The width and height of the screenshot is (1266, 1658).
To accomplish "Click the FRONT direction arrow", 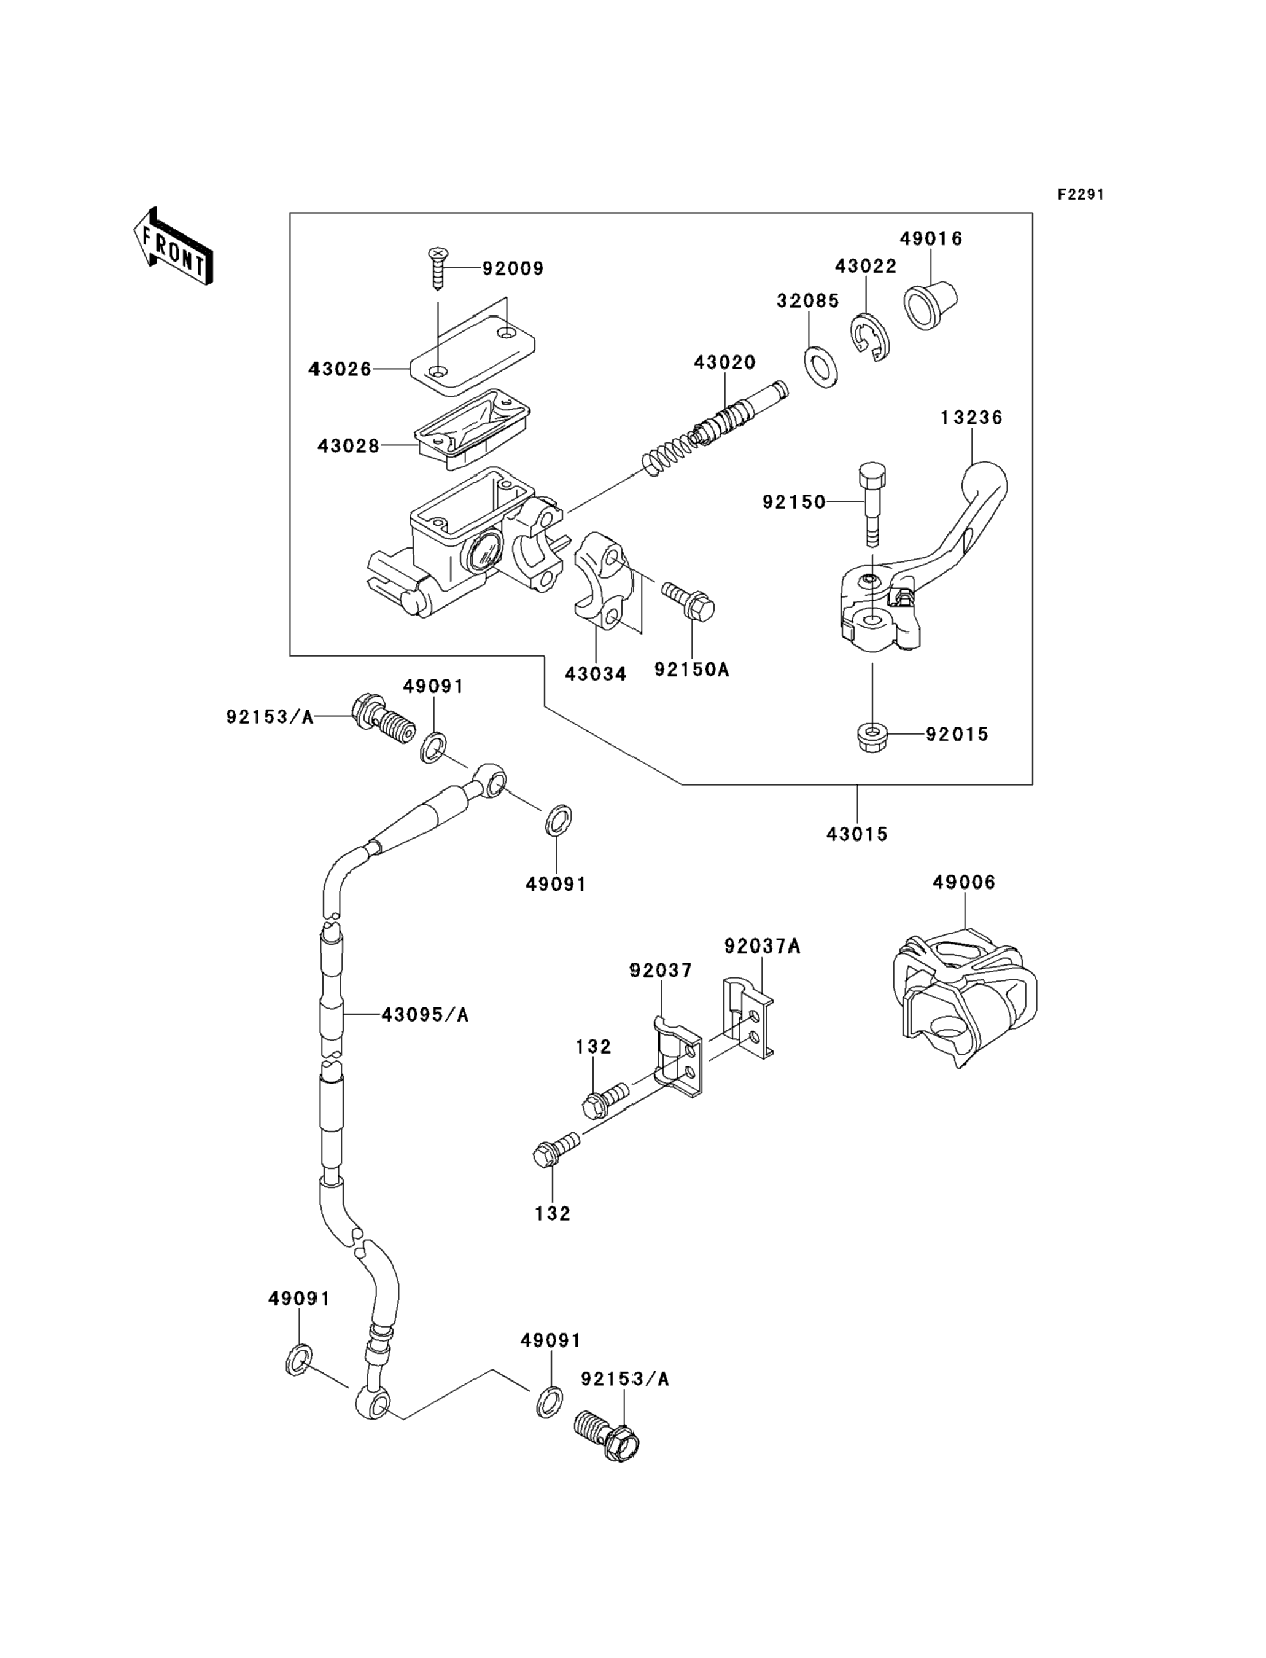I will (173, 246).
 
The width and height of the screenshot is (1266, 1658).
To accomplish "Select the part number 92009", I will (513, 269).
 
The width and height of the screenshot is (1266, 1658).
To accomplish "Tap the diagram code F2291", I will (1081, 195).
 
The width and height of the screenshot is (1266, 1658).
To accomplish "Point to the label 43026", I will (340, 369).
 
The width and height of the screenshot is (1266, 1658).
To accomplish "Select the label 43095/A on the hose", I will (425, 1015).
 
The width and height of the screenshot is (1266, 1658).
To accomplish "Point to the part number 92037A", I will (762, 946).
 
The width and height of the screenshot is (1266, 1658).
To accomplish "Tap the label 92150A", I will (691, 670).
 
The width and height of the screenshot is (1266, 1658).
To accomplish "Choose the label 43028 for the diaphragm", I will (348, 445).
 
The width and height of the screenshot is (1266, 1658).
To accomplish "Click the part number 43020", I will (724, 362).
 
